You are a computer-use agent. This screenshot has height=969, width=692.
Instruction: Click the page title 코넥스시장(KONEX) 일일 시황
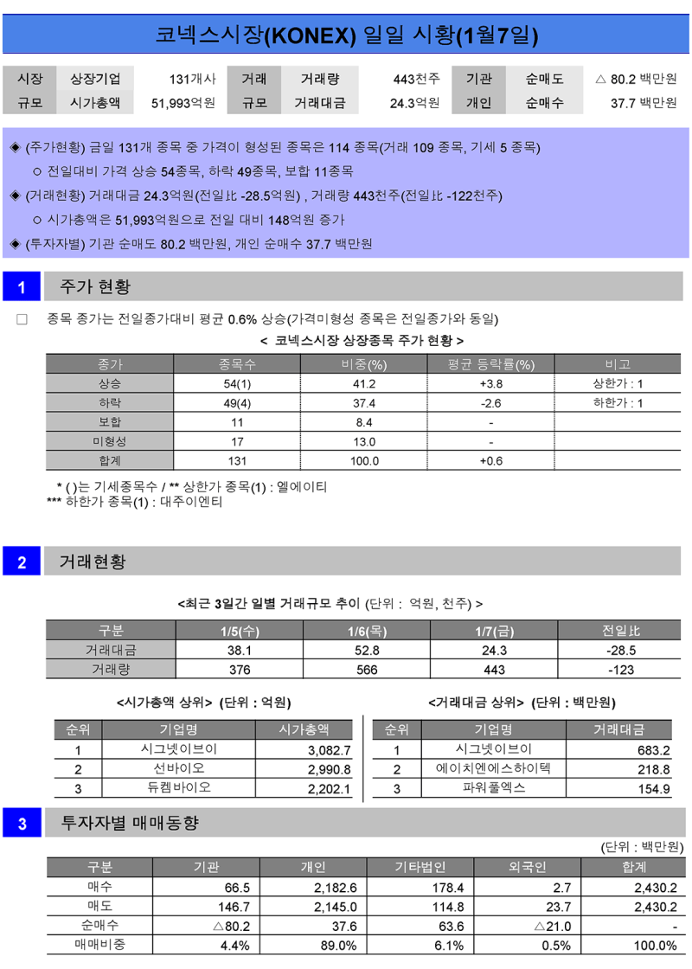click(346, 35)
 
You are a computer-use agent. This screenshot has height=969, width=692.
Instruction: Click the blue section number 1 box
click(22, 286)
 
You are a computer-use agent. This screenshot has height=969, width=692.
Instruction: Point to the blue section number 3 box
click(22, 824)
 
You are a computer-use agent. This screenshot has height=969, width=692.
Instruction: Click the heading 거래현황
click(93, 562)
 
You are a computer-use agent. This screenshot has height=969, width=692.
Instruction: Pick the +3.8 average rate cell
click(490, 384)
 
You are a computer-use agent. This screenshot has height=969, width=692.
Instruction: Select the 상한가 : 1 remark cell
click(618, 384)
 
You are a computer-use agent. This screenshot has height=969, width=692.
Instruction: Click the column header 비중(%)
click(363, 364)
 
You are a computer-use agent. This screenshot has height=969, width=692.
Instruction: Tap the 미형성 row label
click(110, 441)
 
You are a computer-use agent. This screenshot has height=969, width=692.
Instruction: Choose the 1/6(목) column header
click(367, 631)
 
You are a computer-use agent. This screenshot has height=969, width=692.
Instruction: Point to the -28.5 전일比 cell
click(620, 650)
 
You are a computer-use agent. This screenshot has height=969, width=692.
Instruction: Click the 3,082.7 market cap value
click(329, 750)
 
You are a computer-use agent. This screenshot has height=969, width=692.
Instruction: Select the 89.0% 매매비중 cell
click(337, 945)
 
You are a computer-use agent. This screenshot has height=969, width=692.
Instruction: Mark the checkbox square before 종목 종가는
click(22, 319)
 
